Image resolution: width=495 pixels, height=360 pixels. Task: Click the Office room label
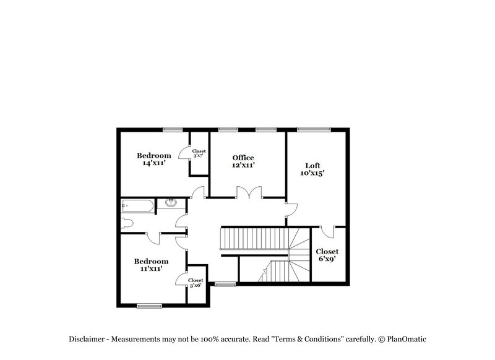[x=243, y=158]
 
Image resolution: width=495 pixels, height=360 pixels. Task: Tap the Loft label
[x=312, y=165]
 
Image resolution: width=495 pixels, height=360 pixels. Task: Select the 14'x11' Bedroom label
[x=153, y=155]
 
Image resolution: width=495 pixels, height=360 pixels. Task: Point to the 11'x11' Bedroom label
[x=152, y=261]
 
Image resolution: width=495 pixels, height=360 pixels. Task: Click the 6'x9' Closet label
[x=327, y=252]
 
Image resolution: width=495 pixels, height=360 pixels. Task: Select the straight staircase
[x=254, y=238]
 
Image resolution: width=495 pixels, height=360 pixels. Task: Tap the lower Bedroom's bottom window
[x=149, y=305]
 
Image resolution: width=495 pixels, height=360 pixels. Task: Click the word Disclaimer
[x=87, y=339]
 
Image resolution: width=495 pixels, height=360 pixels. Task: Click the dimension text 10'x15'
[x=312, y=173]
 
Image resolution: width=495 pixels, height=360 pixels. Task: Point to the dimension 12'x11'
[x=243, y=165]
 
